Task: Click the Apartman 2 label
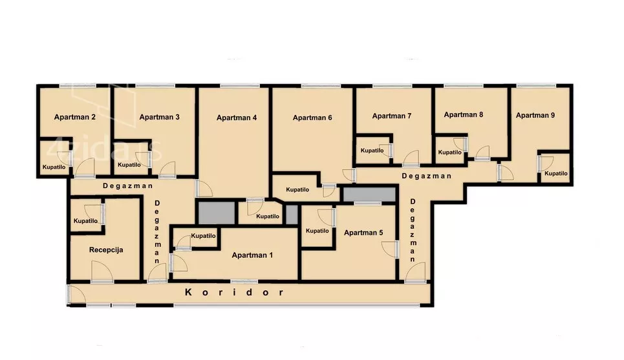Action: (x=75, y=117)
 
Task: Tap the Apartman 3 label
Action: (x=159, y=117)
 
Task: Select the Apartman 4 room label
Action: (x=237, y=118)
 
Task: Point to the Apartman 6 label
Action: (x=312, y=118)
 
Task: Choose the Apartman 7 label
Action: (x=392, y=116)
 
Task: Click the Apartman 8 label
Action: (x=463, y=115)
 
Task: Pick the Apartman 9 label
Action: (x=535, y=115)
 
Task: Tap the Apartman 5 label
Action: (x=363, y=233)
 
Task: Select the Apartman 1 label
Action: (x=252, y=255)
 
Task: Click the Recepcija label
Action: (x=106, y=250)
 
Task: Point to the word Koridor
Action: (x=234, y=292)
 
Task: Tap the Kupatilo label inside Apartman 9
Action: (x=556, y=173)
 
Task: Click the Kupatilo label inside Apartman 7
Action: (x=372, y=151)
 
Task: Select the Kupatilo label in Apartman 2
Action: (x=54, y=167)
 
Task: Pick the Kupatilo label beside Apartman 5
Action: (x=317, y=231)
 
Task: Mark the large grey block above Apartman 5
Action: (x=369, y=195)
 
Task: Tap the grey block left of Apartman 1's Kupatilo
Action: (x=217, y=213)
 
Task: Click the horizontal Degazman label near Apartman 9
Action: (x=427, y=176)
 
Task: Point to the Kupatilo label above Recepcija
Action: (x=85, y=221)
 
